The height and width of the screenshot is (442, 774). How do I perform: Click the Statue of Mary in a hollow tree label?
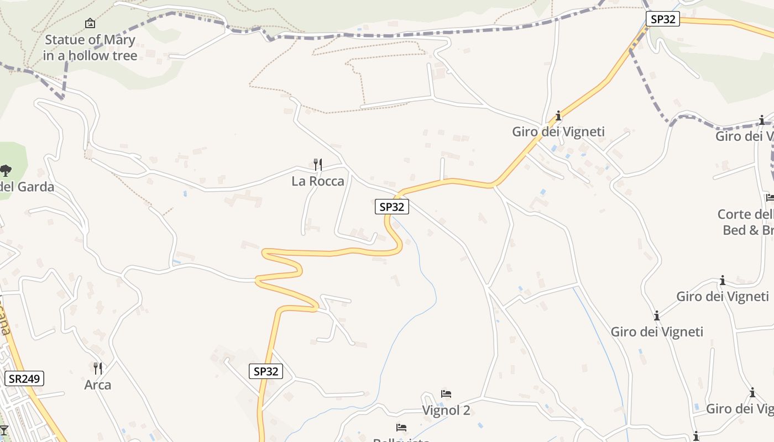click(x=90, y=48)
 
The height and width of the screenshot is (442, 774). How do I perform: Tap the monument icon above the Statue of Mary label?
click(x=90, y=23)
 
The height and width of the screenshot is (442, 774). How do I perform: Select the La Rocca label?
click(x=318, y=181)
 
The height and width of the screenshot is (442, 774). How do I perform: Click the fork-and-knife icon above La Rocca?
click(x=318, y=164)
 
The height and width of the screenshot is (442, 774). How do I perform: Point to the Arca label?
click(x=98, y=385)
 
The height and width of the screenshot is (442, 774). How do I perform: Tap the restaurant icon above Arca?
click(x=98, y=368)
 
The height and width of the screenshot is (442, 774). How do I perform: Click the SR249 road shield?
click(x=24, y=379)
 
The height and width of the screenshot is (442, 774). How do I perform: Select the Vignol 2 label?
click(x=446, y=411)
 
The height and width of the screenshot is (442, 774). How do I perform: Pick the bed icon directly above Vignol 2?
click(x=446, y=394)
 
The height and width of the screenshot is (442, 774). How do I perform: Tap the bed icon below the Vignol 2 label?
click(x=401, y=428)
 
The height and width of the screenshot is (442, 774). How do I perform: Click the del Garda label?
click(x=27, y=187)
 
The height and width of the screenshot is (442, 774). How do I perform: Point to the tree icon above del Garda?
click(x=6, y=170)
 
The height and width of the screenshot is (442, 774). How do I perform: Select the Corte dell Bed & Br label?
click(x=746, y=222)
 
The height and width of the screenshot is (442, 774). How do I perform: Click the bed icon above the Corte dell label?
click(x=770, y=198)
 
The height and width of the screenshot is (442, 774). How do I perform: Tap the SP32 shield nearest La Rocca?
click(x=391, y=207)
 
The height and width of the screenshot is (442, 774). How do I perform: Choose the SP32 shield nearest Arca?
click(x=265, y=371)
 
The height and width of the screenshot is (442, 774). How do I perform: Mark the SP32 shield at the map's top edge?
click(x=662, y=19)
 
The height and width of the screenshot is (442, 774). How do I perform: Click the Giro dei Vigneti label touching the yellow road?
click(x=558, y=131)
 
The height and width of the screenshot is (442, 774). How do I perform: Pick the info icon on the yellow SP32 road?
click(x=558, y=115)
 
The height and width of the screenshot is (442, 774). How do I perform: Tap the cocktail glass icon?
click(x=3, y=430)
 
